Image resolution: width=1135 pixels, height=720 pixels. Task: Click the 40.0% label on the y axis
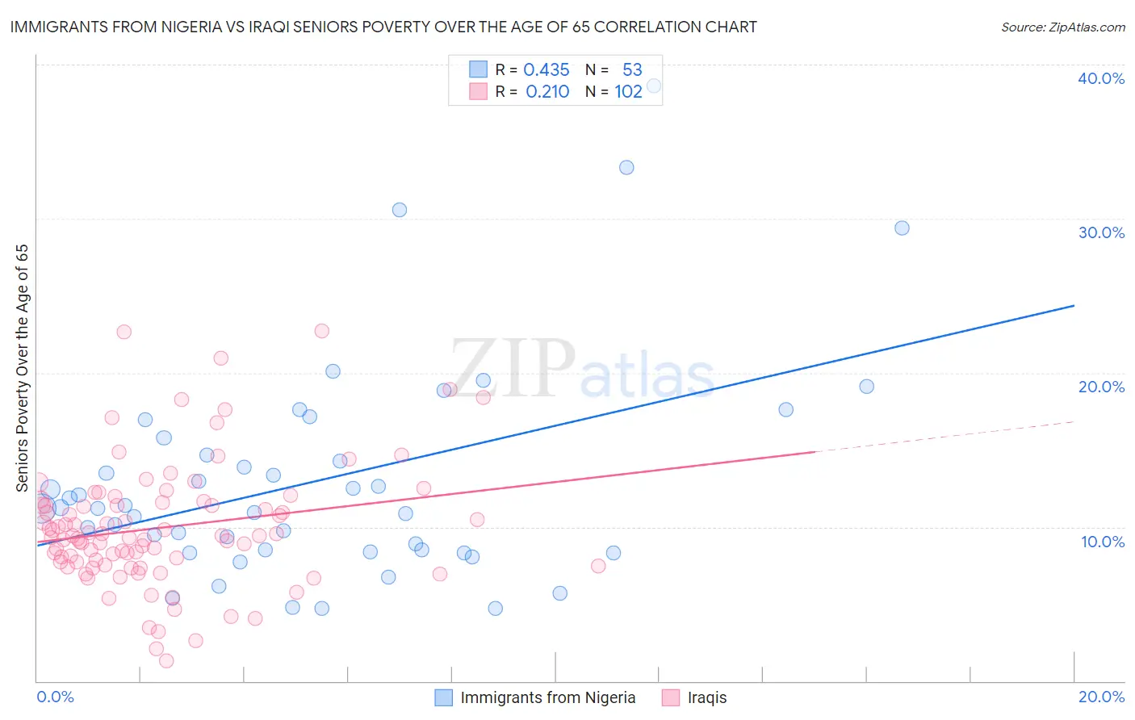pyautogui.click(x=1101, y=78)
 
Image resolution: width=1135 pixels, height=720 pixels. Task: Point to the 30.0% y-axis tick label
pyautogui.click(x=1101, y=232)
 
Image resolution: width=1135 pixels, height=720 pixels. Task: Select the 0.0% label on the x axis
pyautogui.click(x=55, y=697)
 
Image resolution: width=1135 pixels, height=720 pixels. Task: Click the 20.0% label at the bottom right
pyautogui.click(x=1101, y=697)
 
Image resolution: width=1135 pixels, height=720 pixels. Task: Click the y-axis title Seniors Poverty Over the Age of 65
pyautogui.click(x=23, y=368)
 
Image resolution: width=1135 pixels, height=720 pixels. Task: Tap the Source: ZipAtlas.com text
pyautogui.click(x=1062, y=27)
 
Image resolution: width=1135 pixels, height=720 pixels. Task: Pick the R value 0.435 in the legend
pyautogui.click(x=547, y=70)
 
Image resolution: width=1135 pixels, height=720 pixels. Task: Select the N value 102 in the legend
pyautogui.click(x=628, y=92)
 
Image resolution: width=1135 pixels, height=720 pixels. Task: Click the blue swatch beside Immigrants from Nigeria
pyautogui.click(x=443, y=697)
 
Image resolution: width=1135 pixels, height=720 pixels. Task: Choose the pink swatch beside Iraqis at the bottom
pyautogui.click(x=670, y=697)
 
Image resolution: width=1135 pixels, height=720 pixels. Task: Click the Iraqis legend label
pyautogui.click(x=707, y=697)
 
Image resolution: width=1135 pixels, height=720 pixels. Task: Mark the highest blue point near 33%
pyautogui.click(x=626, y=168)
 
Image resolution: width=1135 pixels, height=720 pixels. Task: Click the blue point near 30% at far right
pyautogui.click(x=902, y=228)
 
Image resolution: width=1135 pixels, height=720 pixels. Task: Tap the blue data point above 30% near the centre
pyautogui.click(x=400, y=210)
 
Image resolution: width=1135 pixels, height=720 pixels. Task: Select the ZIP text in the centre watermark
pyautogui.click(x=513, y=369)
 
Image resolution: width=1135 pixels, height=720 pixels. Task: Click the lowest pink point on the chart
pyautogui.click(x=166, y=661)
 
